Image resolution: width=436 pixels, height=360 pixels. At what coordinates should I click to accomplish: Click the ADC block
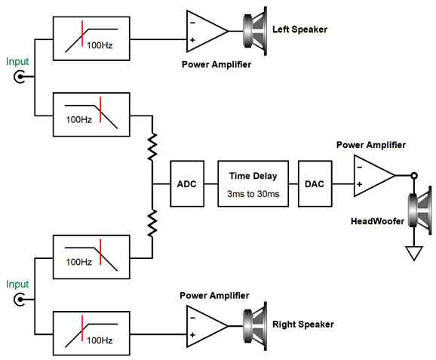pos(187,183)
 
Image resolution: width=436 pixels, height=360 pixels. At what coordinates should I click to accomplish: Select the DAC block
pos(315,183)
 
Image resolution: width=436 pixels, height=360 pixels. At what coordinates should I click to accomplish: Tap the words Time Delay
pos(253,176)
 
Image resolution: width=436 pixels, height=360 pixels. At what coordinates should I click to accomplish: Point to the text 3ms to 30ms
pos(253,194)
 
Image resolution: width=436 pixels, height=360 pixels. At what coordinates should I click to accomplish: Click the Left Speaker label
pos(299,29)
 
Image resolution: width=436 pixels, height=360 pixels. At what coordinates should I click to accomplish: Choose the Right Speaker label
pos(303,325)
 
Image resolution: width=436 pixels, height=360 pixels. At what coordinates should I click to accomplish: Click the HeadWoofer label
pos(377,221)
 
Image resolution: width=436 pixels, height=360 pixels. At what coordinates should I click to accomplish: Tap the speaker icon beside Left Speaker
pos(255,31)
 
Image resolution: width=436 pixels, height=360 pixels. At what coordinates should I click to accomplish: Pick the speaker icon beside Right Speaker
pos(255,326)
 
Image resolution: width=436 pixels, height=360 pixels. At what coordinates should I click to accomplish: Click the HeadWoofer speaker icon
pos(420,211)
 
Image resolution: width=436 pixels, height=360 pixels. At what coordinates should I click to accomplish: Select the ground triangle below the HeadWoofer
pos(414,253)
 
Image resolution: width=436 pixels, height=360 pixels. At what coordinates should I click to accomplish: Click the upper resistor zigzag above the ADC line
pos(152,146)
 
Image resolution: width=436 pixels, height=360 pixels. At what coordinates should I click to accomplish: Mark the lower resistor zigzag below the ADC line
pos(152,223)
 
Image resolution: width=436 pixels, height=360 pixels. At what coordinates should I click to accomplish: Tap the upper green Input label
pos(17,62)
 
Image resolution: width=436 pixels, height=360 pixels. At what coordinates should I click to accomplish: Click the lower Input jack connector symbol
pos(19,300)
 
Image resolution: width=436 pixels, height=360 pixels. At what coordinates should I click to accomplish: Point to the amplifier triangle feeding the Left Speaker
pos(207,31)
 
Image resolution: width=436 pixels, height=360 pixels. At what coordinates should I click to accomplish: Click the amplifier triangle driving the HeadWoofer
pos(374,176)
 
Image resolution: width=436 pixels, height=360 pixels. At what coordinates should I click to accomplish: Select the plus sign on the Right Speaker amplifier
pos(192,334)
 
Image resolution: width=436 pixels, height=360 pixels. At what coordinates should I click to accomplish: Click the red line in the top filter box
pos(82,33)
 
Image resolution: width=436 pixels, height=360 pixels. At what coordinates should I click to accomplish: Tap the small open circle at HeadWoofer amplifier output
pos(414,176)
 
